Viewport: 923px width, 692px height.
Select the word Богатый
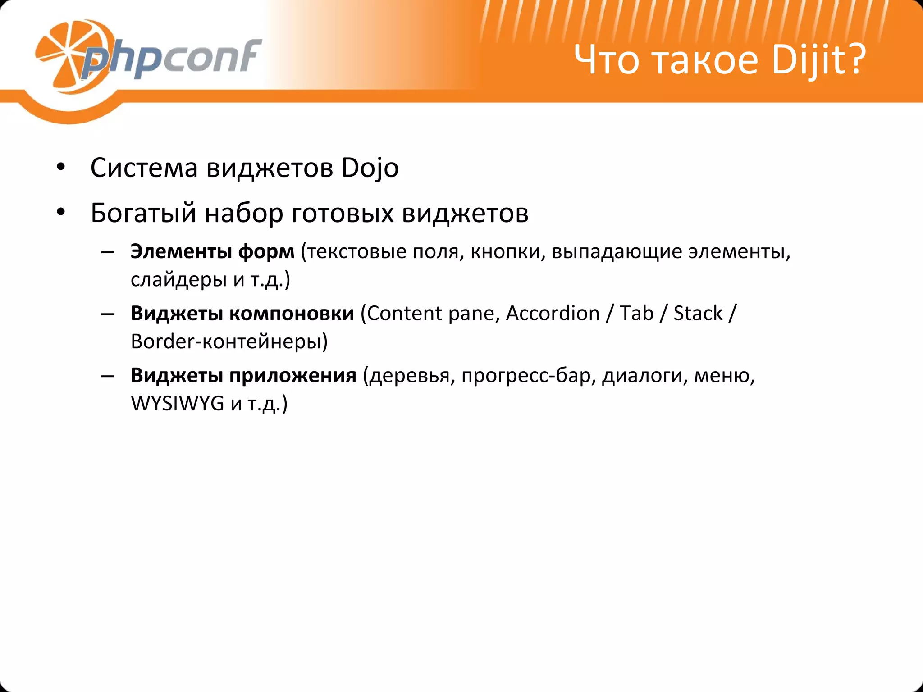[143, 214]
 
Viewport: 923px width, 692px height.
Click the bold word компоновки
[292, 314]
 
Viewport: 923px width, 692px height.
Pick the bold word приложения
[293, 375]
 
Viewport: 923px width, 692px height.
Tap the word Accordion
[553, 314]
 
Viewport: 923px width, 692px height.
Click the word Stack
[698, 314]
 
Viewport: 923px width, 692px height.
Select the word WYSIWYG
[177, 403]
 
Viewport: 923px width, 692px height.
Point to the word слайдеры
[178, 280]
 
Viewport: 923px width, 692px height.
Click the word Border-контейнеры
[228, 341]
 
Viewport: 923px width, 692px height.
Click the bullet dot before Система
[61, 168]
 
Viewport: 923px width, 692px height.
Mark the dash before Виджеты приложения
[108, 375]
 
